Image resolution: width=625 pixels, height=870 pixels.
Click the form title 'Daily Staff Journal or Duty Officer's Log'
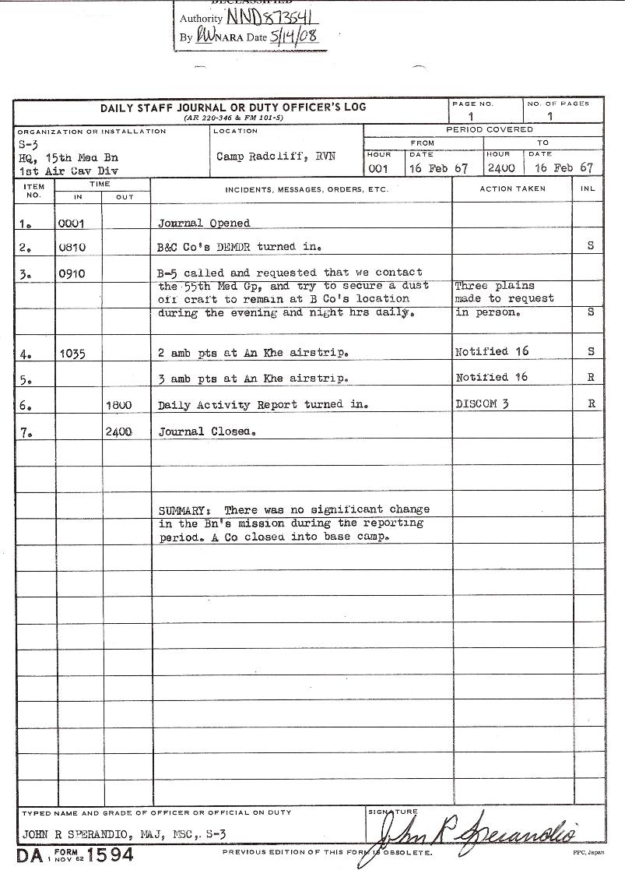233,107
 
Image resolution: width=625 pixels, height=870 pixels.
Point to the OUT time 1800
118,405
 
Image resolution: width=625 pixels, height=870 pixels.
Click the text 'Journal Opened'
204,223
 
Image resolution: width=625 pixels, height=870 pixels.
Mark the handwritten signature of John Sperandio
475,836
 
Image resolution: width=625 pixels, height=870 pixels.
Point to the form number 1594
110,854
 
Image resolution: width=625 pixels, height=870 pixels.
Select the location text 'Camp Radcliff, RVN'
265,156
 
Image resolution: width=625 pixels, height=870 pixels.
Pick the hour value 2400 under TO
500,168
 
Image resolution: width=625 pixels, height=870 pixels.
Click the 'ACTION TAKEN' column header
512,188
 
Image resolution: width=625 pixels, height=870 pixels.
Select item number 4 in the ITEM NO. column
26,354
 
